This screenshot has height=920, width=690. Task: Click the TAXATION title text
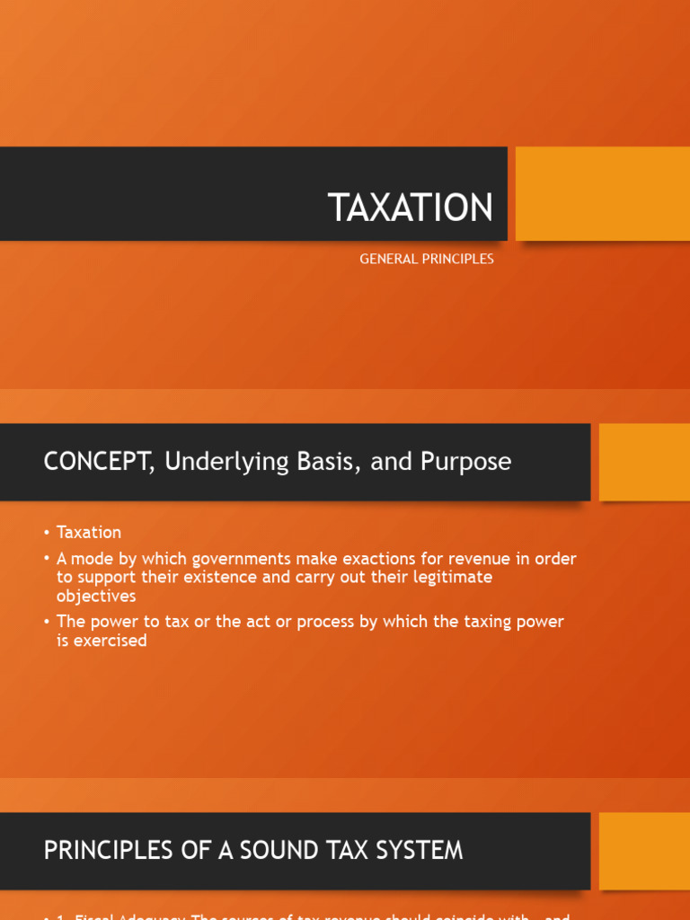click(411, 208)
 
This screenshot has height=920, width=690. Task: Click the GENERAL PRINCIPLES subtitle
click(427, 259)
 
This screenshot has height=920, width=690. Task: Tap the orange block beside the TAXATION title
click(602, 194)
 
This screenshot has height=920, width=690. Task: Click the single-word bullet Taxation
click(88, 533)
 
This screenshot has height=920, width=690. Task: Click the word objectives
click(96, 596)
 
